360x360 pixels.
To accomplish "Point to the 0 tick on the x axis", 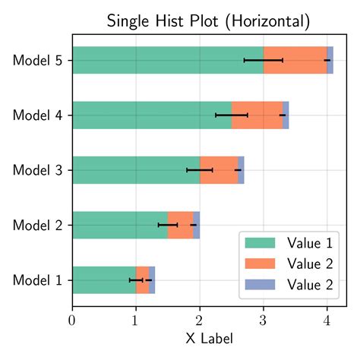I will pos(72,320).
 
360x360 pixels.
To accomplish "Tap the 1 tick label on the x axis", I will pos(136,320).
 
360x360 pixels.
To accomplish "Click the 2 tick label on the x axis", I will pos(200,320).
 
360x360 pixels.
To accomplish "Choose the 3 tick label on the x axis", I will pos(264,320).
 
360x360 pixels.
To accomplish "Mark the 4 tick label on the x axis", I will pos(327,320).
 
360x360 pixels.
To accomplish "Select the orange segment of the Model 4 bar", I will pos(257,115).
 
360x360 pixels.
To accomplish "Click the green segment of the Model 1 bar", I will pos(103,280).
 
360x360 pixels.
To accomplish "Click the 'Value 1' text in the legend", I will pos(310,244).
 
